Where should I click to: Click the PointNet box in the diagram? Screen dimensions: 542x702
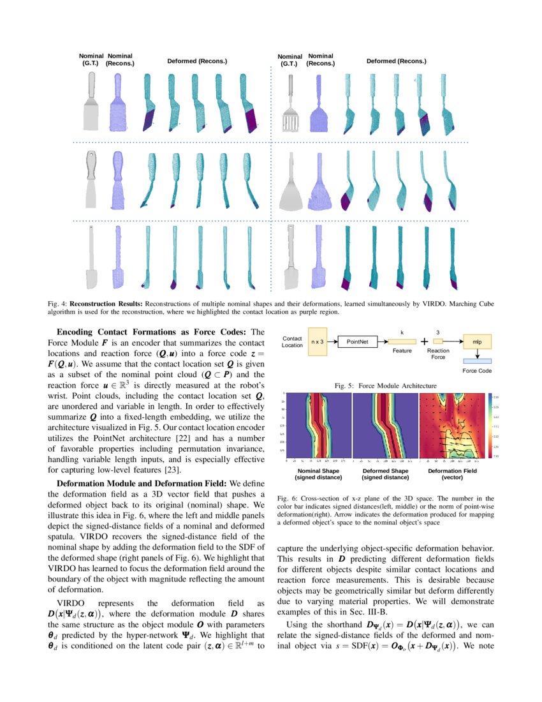pyautogui.click(x=358, y=342)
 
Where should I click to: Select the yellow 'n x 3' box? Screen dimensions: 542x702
pyautogui.click(x=318, y=342)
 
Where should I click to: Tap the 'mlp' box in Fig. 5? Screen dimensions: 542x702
pyautogui.click(x=477, y=342)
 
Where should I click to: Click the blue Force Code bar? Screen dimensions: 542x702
pyautogui.click(x=477, y=362)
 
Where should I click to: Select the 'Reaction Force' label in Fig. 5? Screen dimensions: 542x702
pyautogui.click(x=438, y=354)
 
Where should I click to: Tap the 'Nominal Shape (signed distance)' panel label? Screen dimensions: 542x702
pyautogui.click(x=318, y=474)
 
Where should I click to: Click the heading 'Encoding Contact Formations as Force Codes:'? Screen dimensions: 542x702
pyautogui.click(x=153, y=332)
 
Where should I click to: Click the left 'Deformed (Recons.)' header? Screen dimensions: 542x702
pyautogui.click(x=197, y=61)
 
